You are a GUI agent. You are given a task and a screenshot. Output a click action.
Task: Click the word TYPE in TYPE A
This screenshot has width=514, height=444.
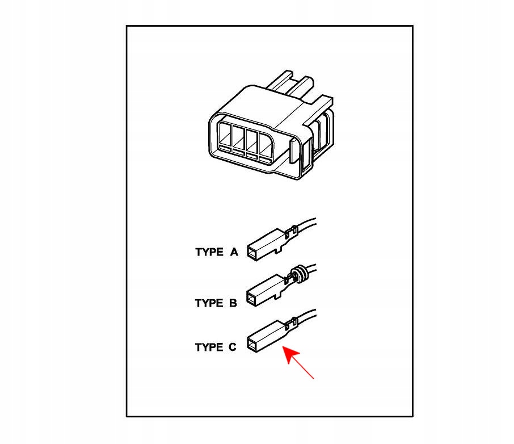coord(209,252)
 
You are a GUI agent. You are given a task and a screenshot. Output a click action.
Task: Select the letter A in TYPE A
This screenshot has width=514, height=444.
coord(234,252)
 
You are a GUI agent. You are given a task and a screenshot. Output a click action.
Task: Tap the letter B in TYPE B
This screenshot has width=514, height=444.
coord(233,303)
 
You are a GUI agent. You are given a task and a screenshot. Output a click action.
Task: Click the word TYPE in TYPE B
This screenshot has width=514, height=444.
coord(209,303)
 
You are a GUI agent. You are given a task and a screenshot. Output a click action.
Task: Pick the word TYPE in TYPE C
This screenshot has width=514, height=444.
coord(209,347)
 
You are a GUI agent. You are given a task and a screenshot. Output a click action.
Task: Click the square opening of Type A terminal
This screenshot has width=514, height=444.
coord(252,254)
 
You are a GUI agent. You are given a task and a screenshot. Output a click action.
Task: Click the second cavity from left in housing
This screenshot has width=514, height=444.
coord(238,140)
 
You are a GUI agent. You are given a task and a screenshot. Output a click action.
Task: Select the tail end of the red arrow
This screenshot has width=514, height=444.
coord(314,378)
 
